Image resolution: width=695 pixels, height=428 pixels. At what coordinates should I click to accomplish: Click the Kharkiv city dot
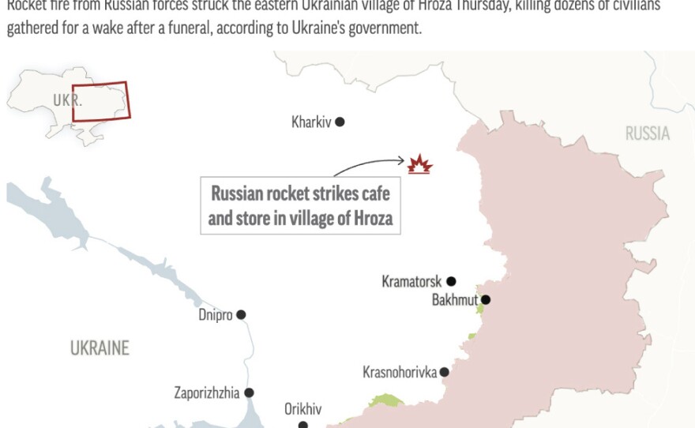click(340, 122)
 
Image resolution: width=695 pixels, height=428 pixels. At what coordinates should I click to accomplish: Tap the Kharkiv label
click(311, 122)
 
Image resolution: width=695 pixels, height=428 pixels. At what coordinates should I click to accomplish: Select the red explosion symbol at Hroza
click(419, 165)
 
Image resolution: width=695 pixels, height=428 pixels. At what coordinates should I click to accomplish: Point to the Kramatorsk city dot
click(451, 281)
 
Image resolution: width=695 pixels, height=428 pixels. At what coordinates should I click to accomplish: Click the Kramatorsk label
click(411, 282)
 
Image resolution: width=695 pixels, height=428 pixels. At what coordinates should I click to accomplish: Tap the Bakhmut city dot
click(486, 299)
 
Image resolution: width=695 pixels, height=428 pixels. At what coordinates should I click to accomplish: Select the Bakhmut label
click(455, 300)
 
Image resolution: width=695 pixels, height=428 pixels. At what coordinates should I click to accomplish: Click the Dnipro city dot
click(241, 314)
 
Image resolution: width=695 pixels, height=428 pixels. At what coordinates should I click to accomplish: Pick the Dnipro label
click(216, 315)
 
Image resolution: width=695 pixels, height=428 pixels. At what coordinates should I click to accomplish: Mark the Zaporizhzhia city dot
click(249, 392)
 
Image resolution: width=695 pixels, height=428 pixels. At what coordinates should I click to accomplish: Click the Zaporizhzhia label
click(206, 392)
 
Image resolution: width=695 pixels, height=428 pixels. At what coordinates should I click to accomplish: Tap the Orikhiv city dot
click(302, 425)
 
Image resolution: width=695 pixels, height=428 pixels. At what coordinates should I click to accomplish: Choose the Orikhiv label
click(302, 409)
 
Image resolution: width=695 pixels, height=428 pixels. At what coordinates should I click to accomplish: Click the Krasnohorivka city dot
click(445, 372)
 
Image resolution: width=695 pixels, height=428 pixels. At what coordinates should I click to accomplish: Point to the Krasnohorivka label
click(400, 372)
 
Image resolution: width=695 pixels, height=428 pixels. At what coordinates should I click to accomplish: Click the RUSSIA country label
click(648, 133)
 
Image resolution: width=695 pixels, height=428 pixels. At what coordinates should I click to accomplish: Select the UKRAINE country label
click(100, 347)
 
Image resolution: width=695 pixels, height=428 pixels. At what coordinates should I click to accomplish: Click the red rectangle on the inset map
click(100, 102)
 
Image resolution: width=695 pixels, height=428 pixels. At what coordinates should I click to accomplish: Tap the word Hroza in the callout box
click(371, 218)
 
